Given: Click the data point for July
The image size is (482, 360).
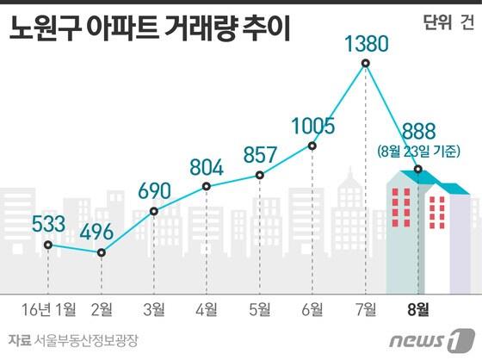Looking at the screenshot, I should point(367,64).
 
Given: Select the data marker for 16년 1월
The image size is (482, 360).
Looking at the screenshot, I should point(48,245).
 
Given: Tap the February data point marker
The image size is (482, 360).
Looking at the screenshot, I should point(102,252).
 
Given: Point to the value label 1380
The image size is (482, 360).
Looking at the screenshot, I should point(367,41).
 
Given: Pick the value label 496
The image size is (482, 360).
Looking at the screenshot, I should point(102,232).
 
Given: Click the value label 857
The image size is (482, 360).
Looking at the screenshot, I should point(260,155).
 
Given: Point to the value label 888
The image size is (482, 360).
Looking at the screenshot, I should point(419,133).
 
